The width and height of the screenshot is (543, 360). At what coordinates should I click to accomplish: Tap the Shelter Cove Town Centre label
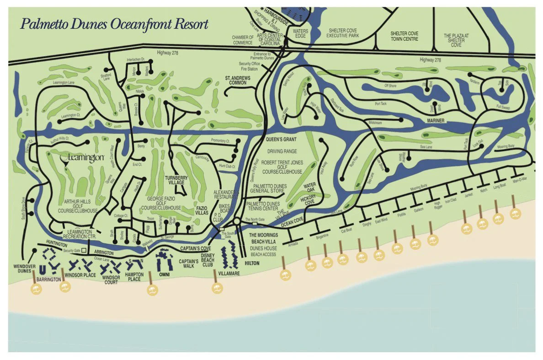click(x=404, y=36)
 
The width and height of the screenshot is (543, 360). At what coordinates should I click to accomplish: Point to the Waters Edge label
click(x=298, y=33)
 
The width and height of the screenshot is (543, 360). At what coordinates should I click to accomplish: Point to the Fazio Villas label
click(x=201, y=210)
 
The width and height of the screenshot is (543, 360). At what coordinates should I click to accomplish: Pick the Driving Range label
click(x=283, y=151)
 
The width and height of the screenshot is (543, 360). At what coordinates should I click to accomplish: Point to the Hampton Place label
click(x=134, y=276)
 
